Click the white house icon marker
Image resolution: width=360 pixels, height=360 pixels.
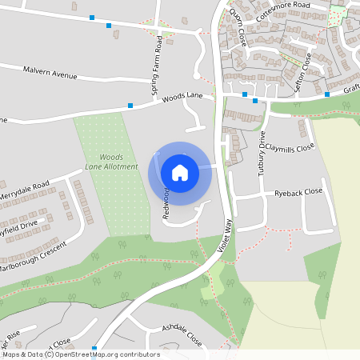pos(180,172)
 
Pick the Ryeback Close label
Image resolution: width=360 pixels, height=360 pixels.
pos(298,192)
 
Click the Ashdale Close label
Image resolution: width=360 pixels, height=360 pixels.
pos(182,334)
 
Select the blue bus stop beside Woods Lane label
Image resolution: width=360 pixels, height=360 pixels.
pos(130,105)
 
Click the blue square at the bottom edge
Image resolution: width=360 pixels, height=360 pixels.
pos(95,349)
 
